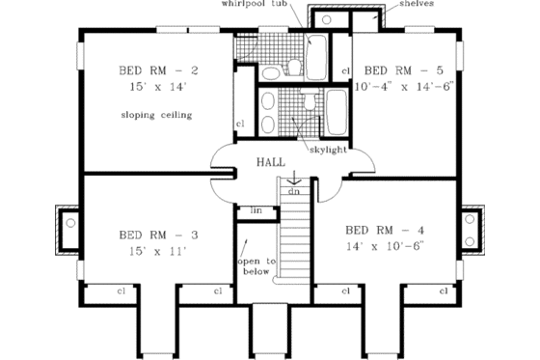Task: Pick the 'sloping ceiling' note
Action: (x=157, y=115)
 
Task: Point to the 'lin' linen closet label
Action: (x=256, y=209)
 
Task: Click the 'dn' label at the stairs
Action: (x=293, y=190)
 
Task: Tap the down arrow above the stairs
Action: (x=293, y=175)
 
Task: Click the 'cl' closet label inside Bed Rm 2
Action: (x=240, y=124)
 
